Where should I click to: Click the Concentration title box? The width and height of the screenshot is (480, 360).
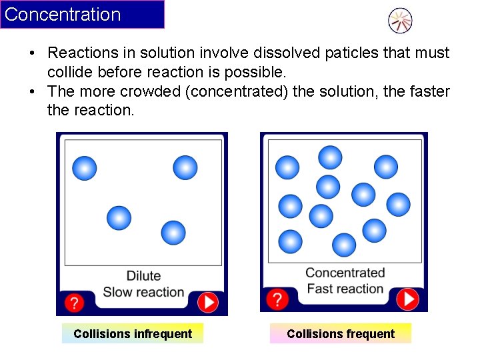(x=82, y=15)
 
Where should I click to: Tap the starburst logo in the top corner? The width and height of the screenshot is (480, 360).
(x=400, y=21)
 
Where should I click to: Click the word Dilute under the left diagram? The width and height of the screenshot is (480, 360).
(x=143, y=276)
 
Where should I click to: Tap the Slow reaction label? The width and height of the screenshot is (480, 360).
(x=143, y=292)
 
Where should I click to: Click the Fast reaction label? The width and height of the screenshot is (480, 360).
(x=345, y=289)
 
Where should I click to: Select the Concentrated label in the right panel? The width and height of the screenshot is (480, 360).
(x=345, y=273)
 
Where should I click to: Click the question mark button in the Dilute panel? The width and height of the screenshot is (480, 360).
(x=74, y=303)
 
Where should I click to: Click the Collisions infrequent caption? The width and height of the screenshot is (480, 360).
(x=133, y=333)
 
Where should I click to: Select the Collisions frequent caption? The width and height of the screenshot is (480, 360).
(x=341, y=333)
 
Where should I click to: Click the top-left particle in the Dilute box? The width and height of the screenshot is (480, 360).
(x=85, y=168)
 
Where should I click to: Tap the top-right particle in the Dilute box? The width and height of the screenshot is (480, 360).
(x=185, y=167)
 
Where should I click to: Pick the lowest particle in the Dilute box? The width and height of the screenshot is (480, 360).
(x=173, y=232)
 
